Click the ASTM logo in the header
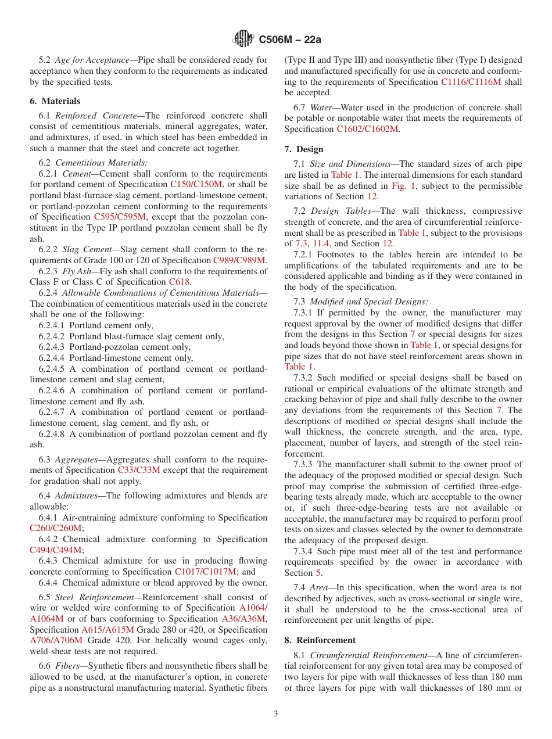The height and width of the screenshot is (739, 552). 243,39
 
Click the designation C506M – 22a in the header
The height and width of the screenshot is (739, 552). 289,40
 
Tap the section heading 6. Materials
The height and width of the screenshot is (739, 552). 55,101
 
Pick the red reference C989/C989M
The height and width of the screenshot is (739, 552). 239,260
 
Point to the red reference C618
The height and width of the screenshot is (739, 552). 180,282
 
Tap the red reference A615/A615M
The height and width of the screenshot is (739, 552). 107,630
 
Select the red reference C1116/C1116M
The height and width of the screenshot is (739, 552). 471,82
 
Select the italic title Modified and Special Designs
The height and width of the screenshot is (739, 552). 368,302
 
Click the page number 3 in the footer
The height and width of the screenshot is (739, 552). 276,714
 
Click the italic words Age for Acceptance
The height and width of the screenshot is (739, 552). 92,60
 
